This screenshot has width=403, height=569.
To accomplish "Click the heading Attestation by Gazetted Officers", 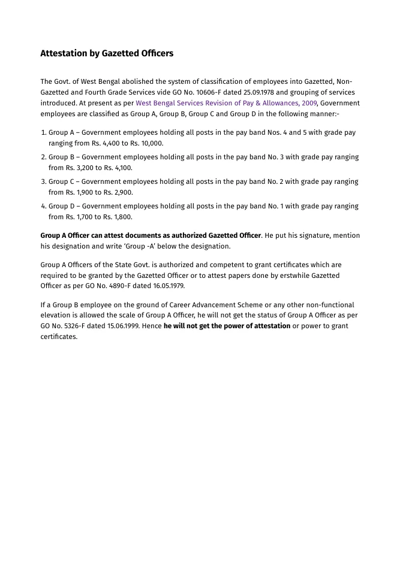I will [107, 53].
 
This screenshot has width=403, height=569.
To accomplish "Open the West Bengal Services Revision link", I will [225, 104].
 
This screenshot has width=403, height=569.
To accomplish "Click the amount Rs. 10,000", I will [146, 144].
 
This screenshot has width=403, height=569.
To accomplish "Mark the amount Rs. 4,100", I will [118, 168].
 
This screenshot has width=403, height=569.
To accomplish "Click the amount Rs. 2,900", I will [118, 193].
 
